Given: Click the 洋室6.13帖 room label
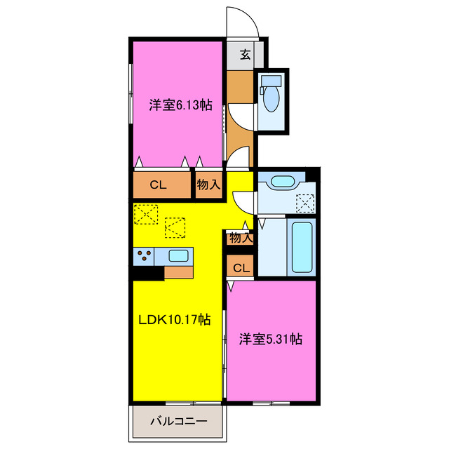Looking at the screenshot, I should [x=180, y=106].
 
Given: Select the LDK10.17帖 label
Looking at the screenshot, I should [x=173, y=320].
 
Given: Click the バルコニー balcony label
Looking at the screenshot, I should [x=178, y=422].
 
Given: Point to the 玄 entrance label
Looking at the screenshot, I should [x=246, y=55].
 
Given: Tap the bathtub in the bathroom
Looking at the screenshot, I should [x=302, y=247].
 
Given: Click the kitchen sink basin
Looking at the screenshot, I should [x=178, y=255].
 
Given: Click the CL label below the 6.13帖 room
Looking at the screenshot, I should [x=158, y=185].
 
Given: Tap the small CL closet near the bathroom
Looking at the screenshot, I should [x=240, y=267].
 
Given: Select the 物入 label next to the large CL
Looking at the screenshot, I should [x=208, y=185].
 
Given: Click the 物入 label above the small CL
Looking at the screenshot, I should [x=240, y=239].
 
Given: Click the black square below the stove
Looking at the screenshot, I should [x=147, y=274].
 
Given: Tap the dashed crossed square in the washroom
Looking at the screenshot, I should [x=306, y=203].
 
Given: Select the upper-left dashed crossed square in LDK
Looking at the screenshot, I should [x=146, y=213].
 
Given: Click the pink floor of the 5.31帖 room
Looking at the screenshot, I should [x=270, y=372].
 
